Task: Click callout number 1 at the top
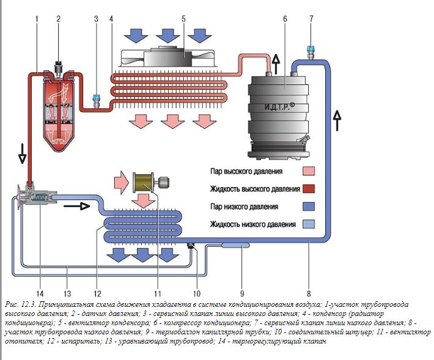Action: (x=37, y=19)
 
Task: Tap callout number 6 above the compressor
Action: (x=285, y=19)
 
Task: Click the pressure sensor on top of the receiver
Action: (x=59, y=66)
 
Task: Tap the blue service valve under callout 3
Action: (x=96, y=98)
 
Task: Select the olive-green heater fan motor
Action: (x=145, y=182)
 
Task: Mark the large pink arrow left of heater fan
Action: (x=121, y=182)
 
